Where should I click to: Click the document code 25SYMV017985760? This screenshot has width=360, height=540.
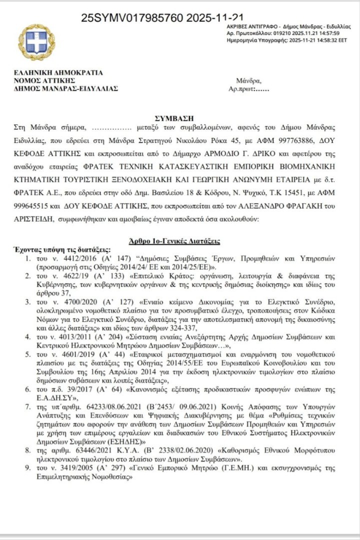132,18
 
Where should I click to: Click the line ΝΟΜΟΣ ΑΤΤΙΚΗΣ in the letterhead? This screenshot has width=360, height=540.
44,80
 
